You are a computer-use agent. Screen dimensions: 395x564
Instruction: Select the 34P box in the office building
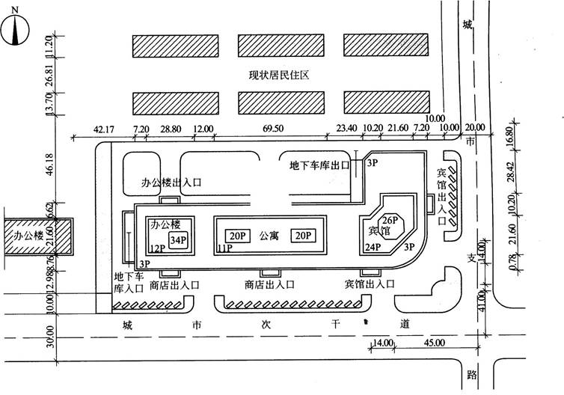coord(177,239)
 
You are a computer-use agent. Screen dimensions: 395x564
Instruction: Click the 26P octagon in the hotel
coord(389,221)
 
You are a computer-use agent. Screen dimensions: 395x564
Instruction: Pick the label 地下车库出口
coord(319,166)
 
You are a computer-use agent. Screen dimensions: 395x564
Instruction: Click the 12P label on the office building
coord(156,248)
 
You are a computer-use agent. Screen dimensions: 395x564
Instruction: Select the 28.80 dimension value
coord(171,129)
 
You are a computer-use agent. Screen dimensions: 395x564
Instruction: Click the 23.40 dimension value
coord(346,129)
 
